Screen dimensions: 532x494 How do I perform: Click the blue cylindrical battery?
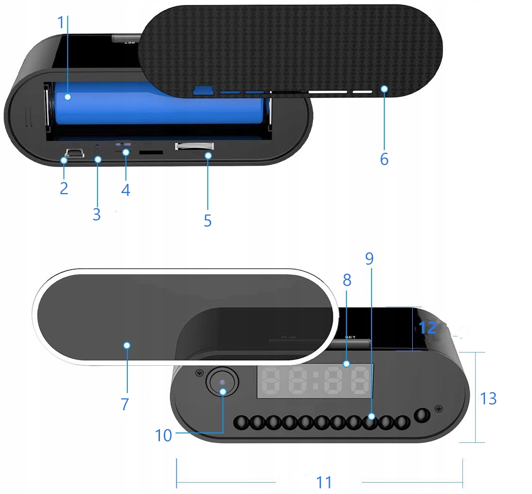(x=159, y=103)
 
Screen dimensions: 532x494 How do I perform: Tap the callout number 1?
(x=60, y=22)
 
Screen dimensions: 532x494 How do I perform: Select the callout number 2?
(x=64, y=188)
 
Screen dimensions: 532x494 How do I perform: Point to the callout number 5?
(x=207, y=220)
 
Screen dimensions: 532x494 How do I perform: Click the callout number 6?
(x=384, y=159)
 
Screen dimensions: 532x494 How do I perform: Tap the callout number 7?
(x=124, y=404)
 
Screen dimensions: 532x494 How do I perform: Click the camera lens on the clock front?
(x=222, y=381)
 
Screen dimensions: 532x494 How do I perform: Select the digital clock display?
(x=314, y=381)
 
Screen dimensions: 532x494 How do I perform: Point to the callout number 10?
(x=163, y=435)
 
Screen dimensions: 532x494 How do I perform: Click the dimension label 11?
(x=324, y=482)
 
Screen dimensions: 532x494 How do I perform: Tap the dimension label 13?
(x=488, y=398)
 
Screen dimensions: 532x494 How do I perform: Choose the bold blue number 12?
(x=427, y=328)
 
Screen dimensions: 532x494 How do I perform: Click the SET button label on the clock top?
(x=350, y=337)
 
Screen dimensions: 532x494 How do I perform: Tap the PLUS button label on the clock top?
(x=288, y=337)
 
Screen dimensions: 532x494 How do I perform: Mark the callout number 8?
(x=347, y=280)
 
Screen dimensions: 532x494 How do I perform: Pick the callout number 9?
(x=369, y=258)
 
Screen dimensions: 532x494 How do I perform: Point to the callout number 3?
(x=97, y=214)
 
